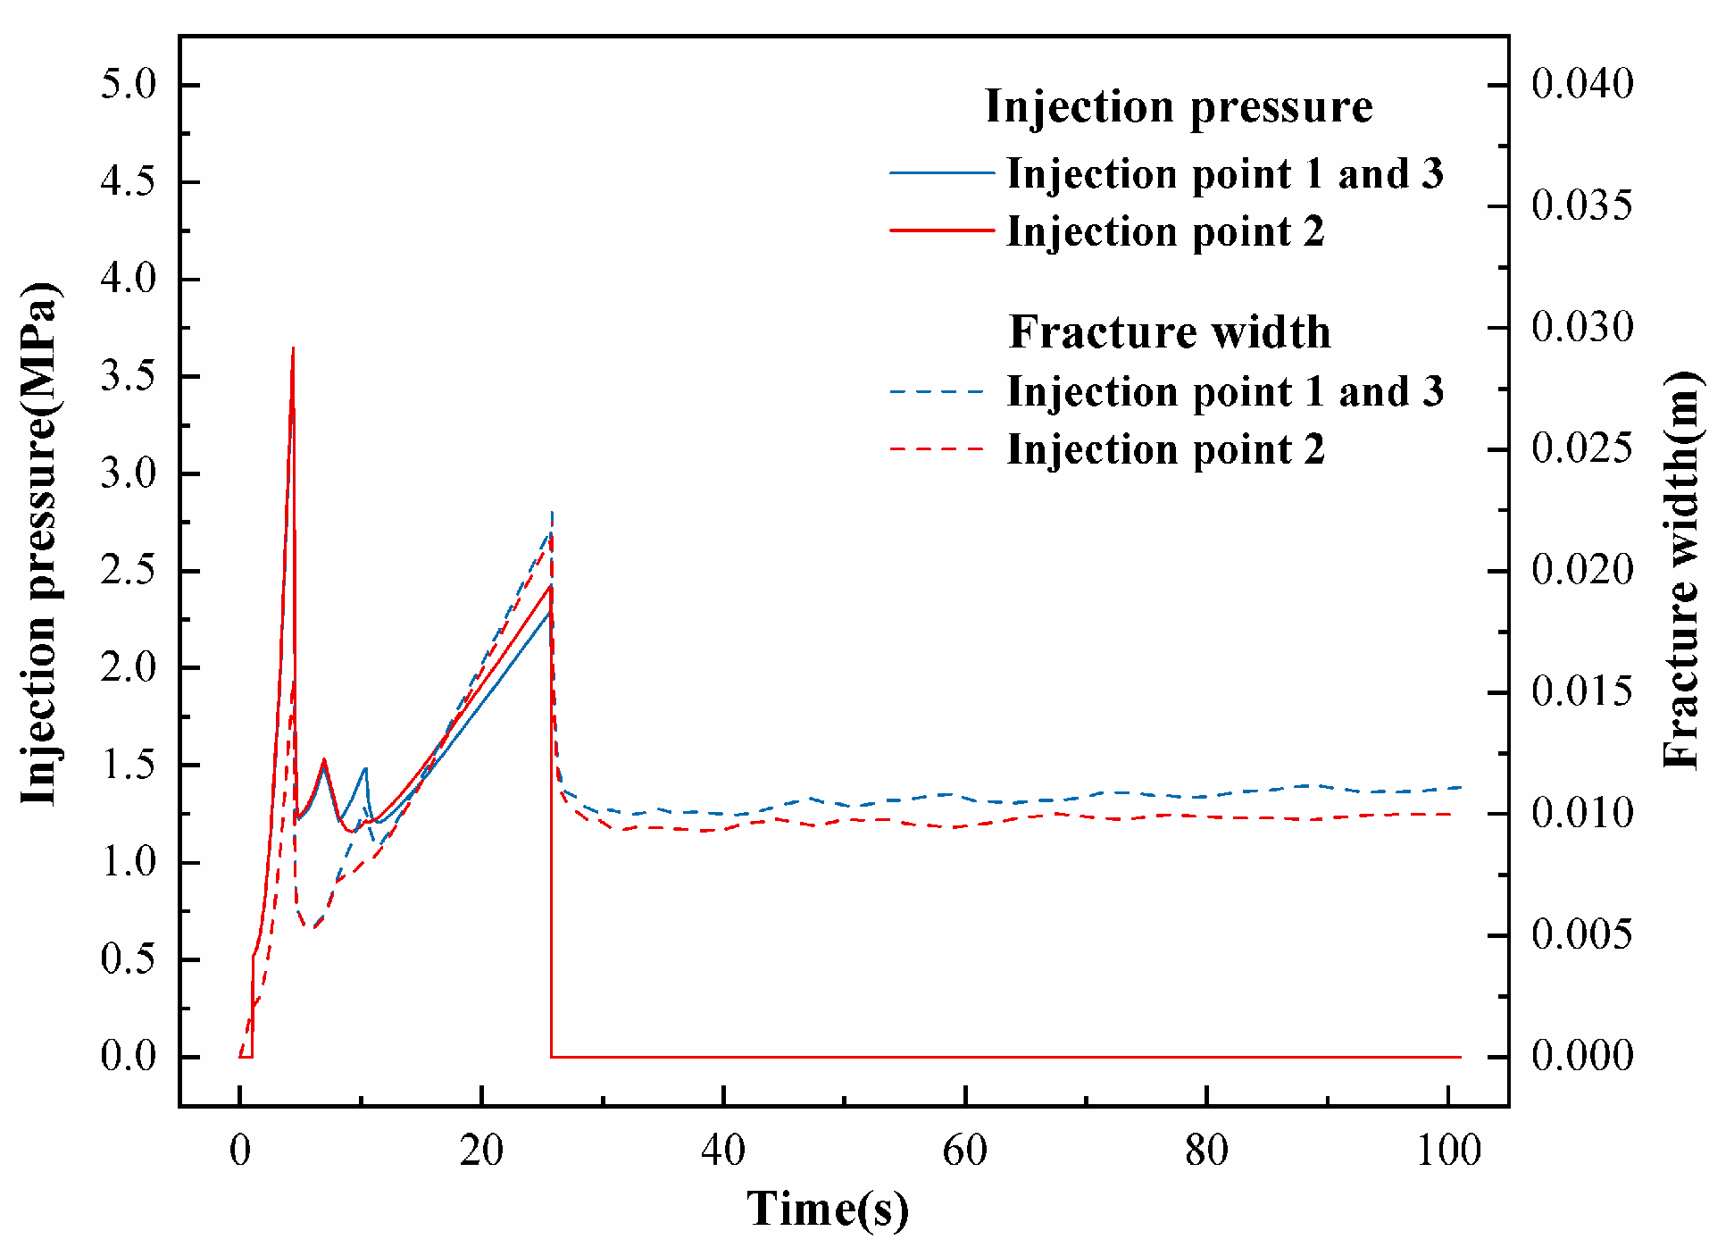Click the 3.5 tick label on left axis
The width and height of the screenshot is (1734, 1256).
(128, 376)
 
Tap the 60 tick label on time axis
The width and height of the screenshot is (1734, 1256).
(965, 1151)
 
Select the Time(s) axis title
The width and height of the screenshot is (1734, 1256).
(828, 1210)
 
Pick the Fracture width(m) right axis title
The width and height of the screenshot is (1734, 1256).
(1682, 570)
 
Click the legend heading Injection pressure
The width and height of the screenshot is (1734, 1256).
(1178, 106)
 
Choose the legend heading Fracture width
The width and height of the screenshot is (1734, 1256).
(1170, 332)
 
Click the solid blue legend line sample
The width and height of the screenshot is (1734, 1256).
(941, 172)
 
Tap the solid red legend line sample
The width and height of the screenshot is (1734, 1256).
(941, 230)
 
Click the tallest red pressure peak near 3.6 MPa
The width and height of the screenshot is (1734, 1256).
(293, 349)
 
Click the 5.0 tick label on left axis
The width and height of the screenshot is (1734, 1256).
(128, 85)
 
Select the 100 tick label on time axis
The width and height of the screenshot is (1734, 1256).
(1448, 1151)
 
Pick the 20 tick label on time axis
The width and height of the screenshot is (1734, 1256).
(481, 1151)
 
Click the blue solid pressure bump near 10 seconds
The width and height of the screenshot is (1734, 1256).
(364, 769)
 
